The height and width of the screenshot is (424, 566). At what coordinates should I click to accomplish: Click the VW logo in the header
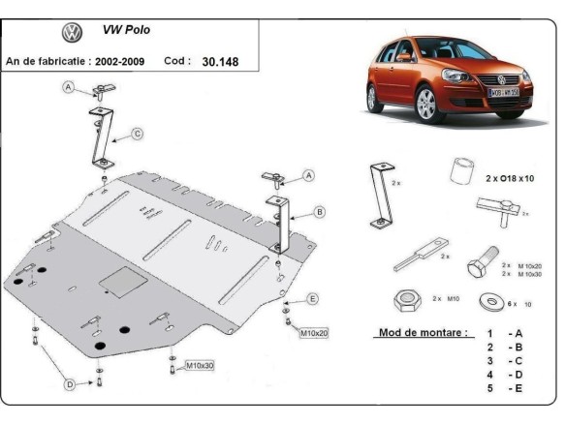(73, 33)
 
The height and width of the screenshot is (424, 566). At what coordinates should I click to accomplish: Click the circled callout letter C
(138, 134)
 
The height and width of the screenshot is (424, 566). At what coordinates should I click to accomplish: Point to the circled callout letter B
(319, 211)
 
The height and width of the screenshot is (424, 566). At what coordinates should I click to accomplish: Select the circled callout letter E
(312, 297)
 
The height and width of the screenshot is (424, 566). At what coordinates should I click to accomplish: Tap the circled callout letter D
(69, 384)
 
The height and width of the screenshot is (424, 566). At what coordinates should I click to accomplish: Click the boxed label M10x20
(315, 333)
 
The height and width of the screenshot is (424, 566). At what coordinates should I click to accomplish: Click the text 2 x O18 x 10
(519, 179)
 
